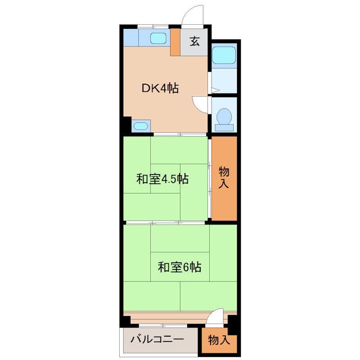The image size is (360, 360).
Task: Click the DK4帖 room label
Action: pyautogui.click(x=160, y=89)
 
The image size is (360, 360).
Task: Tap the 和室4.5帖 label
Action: pyautogui.click(x=162, y=179)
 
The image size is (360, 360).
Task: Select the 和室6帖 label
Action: pyautogui.click(x=179, y=267)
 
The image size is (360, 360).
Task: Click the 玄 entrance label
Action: pyautogui.click(x=194, y=42)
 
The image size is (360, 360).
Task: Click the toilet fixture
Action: pyautogui.click(x=224, y=117)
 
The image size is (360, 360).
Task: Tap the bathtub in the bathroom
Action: pyautogui.click(x=224, y=56)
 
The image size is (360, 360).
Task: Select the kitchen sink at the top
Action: pyautogui.click(x=158, y=38)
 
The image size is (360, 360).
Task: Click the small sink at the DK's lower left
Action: pyautogui.click(x=141, y=126)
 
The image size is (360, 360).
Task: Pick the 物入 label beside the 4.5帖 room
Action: pyautogui.click(x=224, y=177)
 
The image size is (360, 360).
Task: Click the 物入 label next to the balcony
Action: pyautogui.click(x=219, y=340)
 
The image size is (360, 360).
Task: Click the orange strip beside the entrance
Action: pyautogui.click(x=175, y=42)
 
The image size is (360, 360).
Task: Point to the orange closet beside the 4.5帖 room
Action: pyautogui.click(x=224, y=198)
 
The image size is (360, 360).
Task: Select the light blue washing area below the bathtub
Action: pyautogui.click(x=224, y=81)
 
